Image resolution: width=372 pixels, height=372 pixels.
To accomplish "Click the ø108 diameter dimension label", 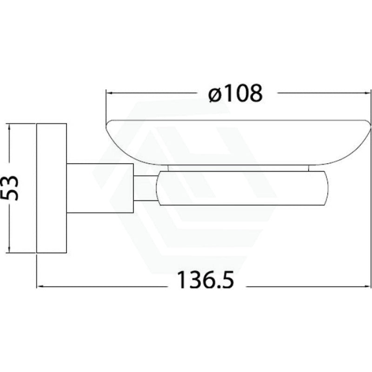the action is (x=236, y=93).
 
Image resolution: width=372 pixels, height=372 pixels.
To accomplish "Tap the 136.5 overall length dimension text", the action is (x=206, y=280).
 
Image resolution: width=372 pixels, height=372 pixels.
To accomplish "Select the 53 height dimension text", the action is (x=10, y=188).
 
